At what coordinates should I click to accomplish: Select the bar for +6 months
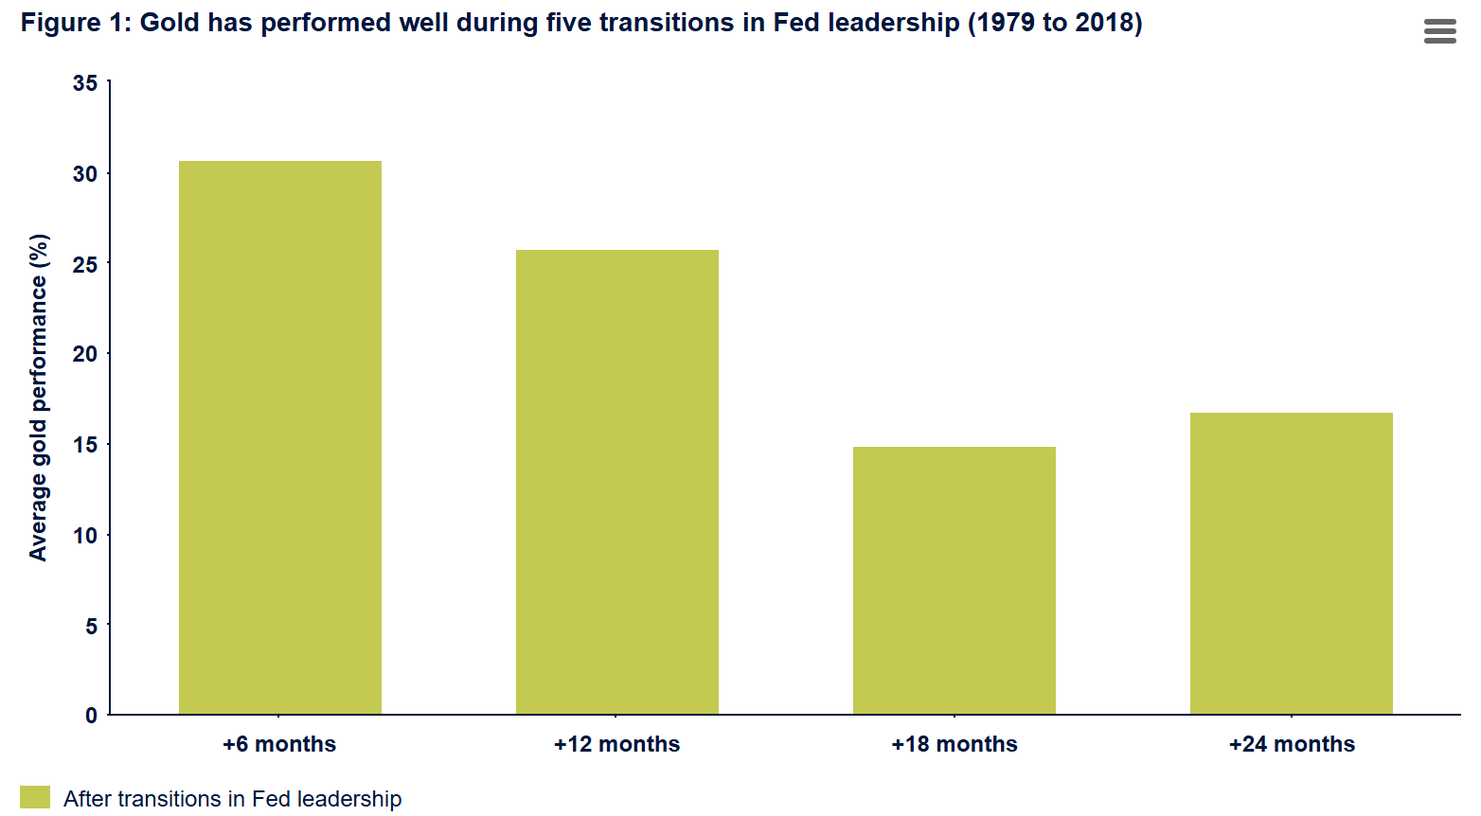coord(280,437)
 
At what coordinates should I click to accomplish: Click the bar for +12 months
coord(617,482)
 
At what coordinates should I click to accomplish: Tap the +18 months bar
coord(955,580)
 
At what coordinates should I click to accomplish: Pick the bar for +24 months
coord(1292,563)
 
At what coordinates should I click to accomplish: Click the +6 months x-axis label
coord(279,744)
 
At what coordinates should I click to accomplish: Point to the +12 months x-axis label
coord(617,744)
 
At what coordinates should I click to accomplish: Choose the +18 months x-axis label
coord(955,744)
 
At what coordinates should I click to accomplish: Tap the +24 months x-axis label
coord(1292,744)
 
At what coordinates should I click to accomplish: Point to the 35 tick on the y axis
coord(85,83)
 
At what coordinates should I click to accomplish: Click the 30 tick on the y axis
coord(85,174)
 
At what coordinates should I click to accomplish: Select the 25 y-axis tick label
coord(85,264)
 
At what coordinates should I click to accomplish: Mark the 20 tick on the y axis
coord(85,354)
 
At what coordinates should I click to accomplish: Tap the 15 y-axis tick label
coord(85,445)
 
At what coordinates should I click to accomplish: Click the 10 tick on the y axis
coord(85,536)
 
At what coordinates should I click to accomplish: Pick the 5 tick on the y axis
coord(91,626)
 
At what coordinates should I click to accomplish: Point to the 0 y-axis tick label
coord(91,716)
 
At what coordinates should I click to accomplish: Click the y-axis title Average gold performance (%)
coord(38,398)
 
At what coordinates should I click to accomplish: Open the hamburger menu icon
coord(1439,31)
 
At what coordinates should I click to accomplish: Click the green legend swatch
coord(34,797)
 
